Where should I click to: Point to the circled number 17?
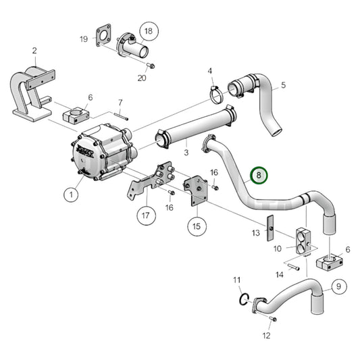point(145,216)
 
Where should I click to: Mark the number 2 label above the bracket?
point(34,51)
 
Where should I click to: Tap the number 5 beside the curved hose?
point(283,84)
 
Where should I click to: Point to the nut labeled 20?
point(151,66)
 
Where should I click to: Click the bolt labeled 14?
point(294,267)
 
